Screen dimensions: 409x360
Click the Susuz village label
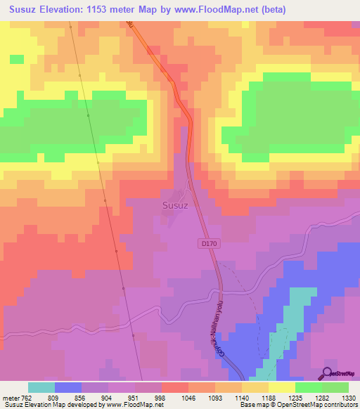pos(176,206)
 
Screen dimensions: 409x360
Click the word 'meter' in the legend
pos(9,397)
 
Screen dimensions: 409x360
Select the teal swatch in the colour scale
pos(41,387)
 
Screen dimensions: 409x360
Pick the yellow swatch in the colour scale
pos(282,387)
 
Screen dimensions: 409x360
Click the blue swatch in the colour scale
pos(68,387)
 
